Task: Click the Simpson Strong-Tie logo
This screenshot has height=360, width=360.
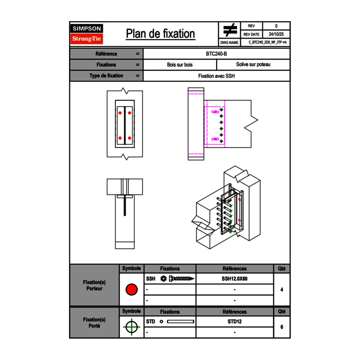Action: tap(87, 34)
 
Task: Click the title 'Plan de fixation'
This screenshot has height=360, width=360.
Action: tap(160, 34)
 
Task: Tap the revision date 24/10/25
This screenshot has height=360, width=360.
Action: tap(276, 34)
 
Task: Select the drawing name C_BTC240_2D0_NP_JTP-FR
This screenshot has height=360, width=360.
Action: tap(268, 42)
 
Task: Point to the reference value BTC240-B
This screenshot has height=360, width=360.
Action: tap(216, 54)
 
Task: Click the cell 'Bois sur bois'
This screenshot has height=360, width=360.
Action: tap(180, 65)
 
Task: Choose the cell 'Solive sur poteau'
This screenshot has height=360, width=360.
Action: tap(253, 65)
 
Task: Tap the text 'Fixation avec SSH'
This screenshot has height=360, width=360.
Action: tap(216, 76)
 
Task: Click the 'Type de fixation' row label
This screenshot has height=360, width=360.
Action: tap(106, 76)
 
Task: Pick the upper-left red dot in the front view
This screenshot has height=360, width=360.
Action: tap(120, 113)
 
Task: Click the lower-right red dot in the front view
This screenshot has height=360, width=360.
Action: tap(130, 138)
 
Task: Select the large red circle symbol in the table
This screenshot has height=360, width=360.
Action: tap(131, 290)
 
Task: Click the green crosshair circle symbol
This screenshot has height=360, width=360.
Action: tap(131, 327)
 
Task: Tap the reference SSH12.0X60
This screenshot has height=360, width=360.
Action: tap(234, 279)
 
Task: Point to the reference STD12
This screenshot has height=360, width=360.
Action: tap(234, 322)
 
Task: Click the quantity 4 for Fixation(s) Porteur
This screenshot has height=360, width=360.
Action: tap(281, 290)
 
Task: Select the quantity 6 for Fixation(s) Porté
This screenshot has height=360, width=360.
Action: tap(281, 327)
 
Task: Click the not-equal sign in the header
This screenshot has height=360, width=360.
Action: tap(230, 30)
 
